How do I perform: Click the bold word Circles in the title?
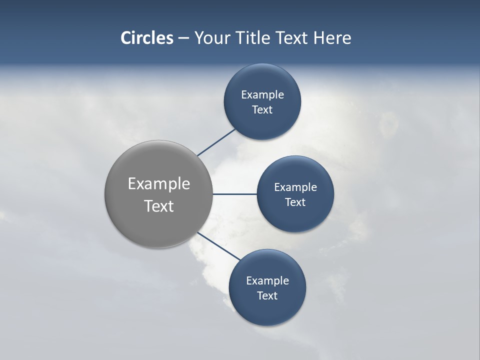tap(146, 38)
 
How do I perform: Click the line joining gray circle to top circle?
tap(216, 142)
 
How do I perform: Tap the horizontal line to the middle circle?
tap(234, 194)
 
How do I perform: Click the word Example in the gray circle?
tap(159, 184)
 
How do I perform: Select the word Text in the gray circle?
tap(159, 206)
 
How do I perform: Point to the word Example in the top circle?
tap(262, 95)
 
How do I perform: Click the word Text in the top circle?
tap(262, 110)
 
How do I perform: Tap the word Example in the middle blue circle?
tap(295, 187)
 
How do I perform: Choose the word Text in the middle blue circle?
tap(295, 202)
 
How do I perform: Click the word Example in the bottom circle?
tap(267, 281)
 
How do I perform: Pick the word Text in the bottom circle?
tap(267, 295)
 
